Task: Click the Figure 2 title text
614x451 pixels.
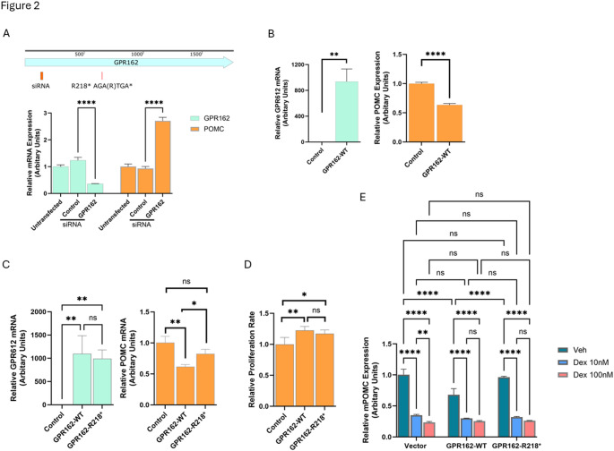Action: (x=21, y=7)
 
